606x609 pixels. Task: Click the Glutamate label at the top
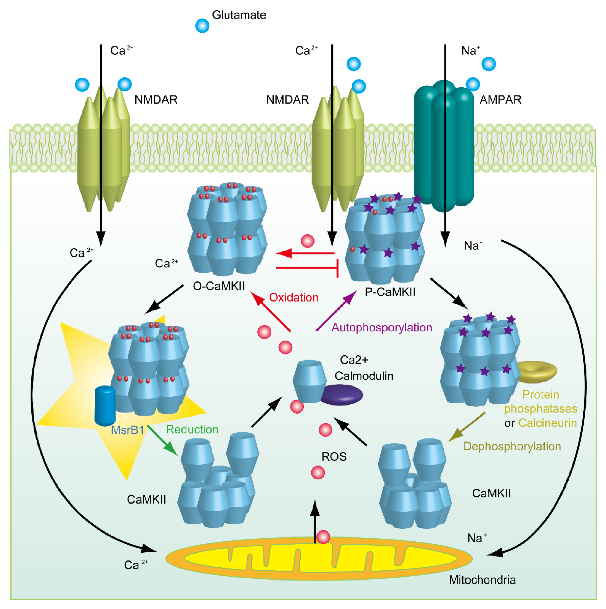(239, 15)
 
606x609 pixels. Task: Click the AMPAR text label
(500, 100)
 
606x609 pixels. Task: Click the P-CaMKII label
(390, 292)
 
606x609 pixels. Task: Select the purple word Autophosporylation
(382, 328)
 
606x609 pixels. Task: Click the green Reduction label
(192, 430)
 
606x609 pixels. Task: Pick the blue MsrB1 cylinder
(105, 406)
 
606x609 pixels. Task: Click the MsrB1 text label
(127, 430)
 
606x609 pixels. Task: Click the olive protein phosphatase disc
(536, 372)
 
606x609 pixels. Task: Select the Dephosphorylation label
(512, 446)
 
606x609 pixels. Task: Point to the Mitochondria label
(482, 580)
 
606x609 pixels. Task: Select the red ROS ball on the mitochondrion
(323, 537)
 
